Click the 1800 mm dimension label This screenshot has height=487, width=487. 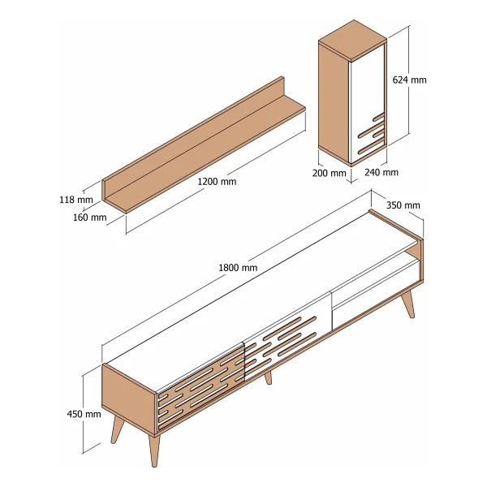238,267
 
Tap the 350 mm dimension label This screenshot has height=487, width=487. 403,205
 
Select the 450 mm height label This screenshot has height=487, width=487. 84,414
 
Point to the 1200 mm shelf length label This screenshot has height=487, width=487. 217,181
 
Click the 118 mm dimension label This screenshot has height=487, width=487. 76,200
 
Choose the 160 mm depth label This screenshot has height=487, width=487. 89,217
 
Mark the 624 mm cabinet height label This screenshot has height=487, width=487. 409,80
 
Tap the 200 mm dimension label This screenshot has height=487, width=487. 330,173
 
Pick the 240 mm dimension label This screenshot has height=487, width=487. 381,172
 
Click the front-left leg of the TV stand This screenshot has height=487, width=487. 154,450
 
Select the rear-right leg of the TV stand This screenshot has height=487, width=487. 408,304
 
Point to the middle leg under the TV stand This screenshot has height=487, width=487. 268,377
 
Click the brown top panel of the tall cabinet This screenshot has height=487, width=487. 353,40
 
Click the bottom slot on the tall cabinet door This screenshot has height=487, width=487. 371,147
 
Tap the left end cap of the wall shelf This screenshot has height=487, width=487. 104,191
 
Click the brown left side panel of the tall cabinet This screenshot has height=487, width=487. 334,103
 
